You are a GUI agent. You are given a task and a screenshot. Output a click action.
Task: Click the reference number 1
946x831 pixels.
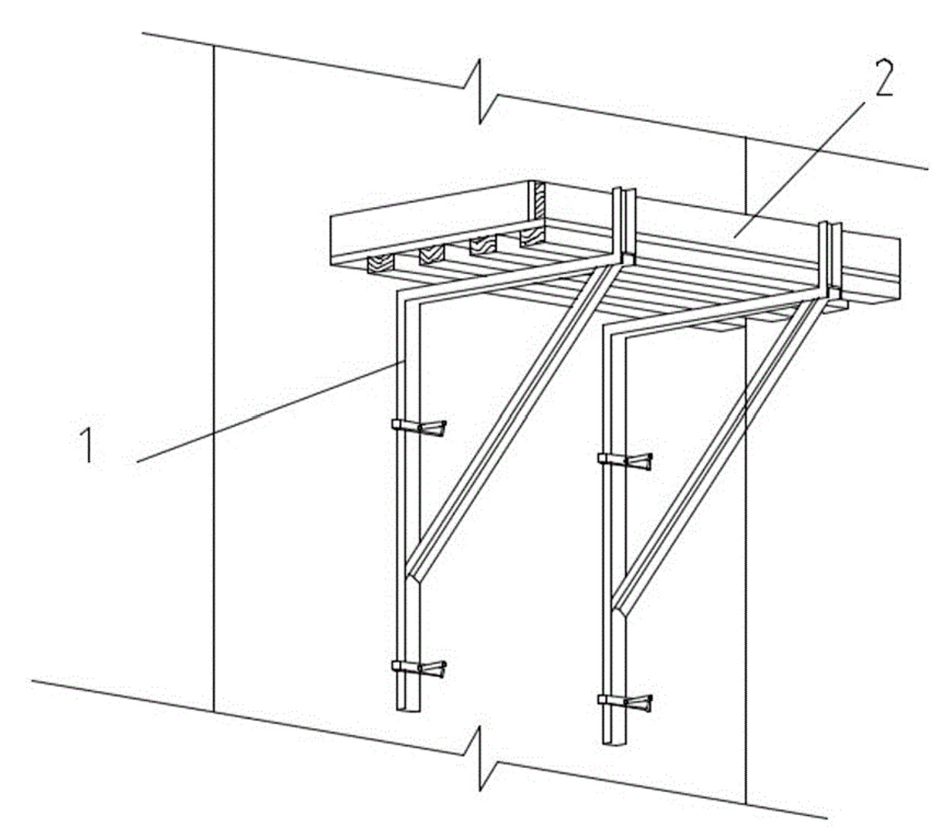(x=88, y=445)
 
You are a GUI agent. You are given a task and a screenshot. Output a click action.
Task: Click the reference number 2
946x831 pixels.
(x=884, y=78)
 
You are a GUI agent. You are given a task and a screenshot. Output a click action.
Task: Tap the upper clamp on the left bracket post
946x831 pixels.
(x=418, y=428)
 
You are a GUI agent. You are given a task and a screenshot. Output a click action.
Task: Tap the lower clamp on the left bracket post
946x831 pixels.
(x=418, y=668)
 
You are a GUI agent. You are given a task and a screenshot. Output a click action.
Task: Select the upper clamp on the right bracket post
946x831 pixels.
(x=625, y=461)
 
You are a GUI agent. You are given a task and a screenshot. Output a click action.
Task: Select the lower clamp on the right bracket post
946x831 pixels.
(x=625, y=702)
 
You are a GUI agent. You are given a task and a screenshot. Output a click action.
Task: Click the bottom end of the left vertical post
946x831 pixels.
(x=408, y=709)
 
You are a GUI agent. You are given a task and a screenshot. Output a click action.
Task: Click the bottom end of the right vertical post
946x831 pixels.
(x=614, y=742)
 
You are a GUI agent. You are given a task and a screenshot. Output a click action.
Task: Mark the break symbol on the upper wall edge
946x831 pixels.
(x=481, y=92)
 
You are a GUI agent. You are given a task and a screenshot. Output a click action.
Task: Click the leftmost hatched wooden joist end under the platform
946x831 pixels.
(x=381, y=264)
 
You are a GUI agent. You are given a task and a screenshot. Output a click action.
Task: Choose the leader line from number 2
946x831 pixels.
(x=798, y=170)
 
